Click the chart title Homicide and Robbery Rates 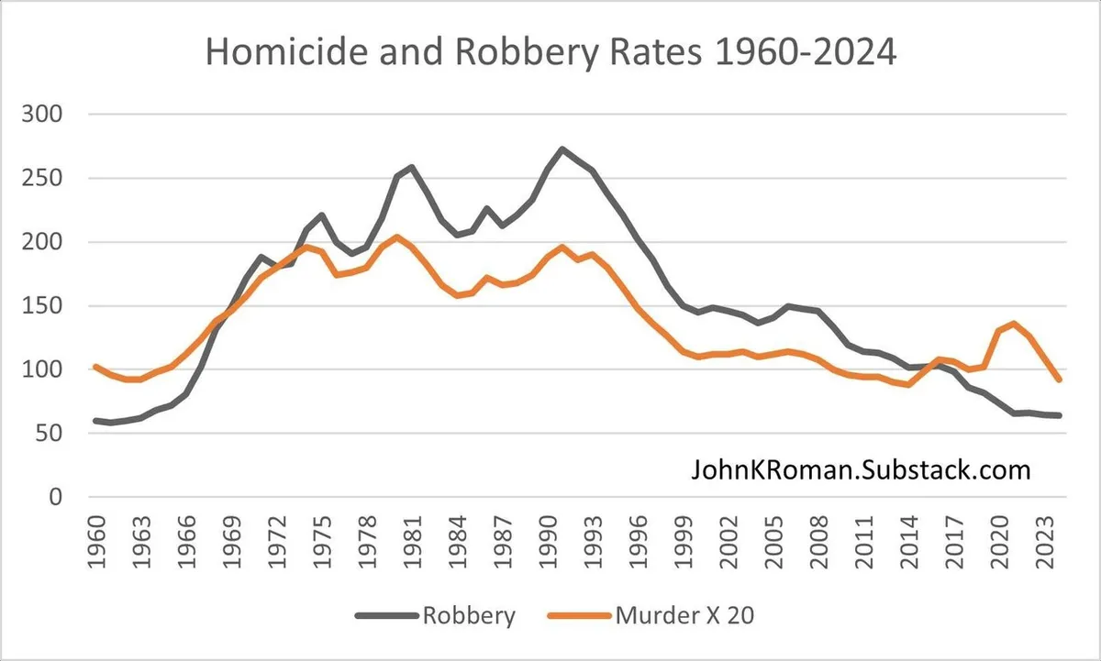[550, 52]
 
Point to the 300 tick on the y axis [43, 116]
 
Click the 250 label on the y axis [43, 179]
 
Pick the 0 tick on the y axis [54, 498]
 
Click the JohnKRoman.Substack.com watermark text [861, 471]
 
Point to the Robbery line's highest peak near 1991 [562, 149]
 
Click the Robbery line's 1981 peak [411, 167]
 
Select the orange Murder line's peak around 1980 [396, 237]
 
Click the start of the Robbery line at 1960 [95, 421]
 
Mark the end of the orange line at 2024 [1060, 380]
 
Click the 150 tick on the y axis [43, 306]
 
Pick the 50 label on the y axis [49, 434]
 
